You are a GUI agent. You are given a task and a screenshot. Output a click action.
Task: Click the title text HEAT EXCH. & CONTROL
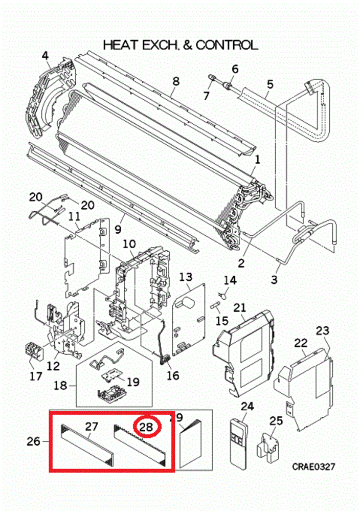(x=180, y=45)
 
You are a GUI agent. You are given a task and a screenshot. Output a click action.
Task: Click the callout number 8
(x=176, y=81)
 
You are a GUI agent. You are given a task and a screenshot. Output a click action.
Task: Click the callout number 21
(x=240, y=307)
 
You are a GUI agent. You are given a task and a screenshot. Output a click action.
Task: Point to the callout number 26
(x=33, y=441)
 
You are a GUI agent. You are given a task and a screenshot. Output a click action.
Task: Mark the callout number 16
(x=173, y=375)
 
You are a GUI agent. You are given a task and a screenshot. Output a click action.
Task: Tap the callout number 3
(x=274, y=279)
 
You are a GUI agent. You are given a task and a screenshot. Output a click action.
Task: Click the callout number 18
(x=61, y=384)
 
